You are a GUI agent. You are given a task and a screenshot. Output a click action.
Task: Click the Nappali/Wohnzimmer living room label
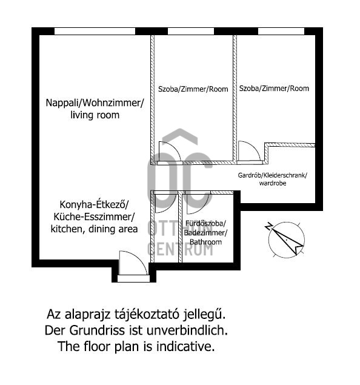click(95, 109)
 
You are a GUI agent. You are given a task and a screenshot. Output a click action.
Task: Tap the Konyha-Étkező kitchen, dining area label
click(94, 217)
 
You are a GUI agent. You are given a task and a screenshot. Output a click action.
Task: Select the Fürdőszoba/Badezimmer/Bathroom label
click(205, 233)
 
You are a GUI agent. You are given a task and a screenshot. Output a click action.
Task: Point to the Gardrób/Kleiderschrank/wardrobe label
click(272, 179)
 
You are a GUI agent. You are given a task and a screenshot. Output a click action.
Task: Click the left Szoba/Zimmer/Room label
click(193, 89)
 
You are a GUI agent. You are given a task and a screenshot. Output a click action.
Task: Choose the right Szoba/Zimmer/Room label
click(274, 88)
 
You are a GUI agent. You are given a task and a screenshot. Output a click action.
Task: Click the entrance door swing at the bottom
click(133, 263)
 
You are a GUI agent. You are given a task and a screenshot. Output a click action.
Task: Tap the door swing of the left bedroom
click(170, 152)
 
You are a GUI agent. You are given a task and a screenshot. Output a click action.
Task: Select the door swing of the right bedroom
click(249, 151)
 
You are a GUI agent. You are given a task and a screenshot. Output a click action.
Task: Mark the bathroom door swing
click(198, 203)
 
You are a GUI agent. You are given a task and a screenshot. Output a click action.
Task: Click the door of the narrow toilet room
click(165, 203)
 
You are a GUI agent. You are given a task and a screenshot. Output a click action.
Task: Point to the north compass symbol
click(285, 239)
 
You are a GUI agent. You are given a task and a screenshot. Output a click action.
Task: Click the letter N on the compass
click(268, 226)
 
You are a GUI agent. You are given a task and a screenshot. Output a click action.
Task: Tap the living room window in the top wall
click(95, 31)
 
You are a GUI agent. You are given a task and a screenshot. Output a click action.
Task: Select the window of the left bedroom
click(191, 31)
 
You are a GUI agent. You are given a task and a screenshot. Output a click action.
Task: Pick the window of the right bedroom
click(281, 31)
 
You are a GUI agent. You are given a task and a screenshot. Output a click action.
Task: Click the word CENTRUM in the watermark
click(181, 249)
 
